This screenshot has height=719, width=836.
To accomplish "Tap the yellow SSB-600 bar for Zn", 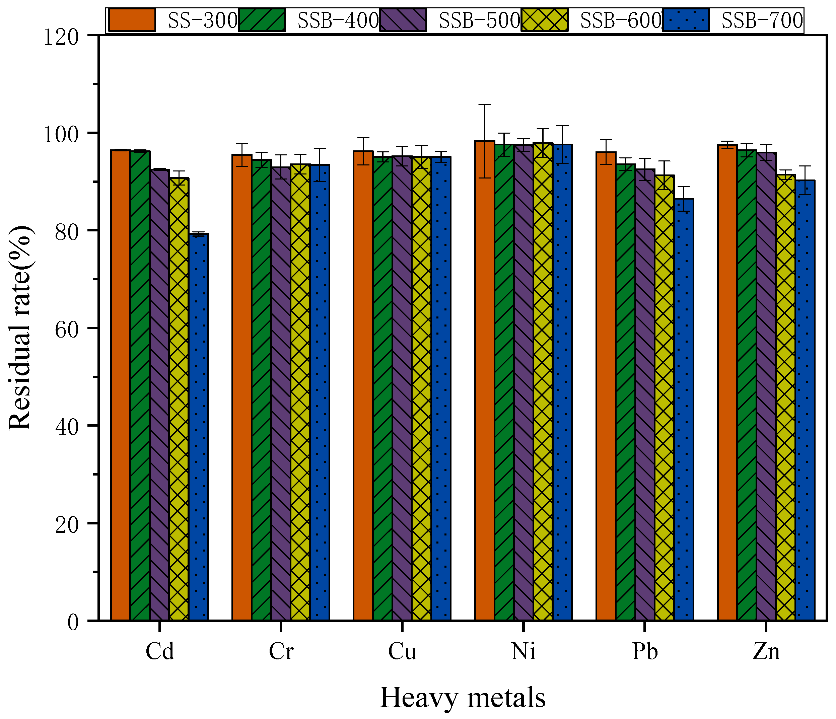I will [785, 398].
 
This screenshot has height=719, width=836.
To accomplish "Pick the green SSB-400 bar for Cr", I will [262, 390].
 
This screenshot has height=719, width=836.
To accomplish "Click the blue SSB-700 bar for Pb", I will [684, 409].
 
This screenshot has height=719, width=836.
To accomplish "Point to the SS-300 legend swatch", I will [132, 20].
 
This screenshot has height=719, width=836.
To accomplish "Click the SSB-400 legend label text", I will [338, 20].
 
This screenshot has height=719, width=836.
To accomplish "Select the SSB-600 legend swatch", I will [544, 20].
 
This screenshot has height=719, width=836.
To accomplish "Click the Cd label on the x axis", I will [160, 651].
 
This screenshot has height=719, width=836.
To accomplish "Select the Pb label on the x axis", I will [645, 651].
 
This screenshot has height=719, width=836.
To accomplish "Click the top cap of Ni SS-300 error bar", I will [484, 104].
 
